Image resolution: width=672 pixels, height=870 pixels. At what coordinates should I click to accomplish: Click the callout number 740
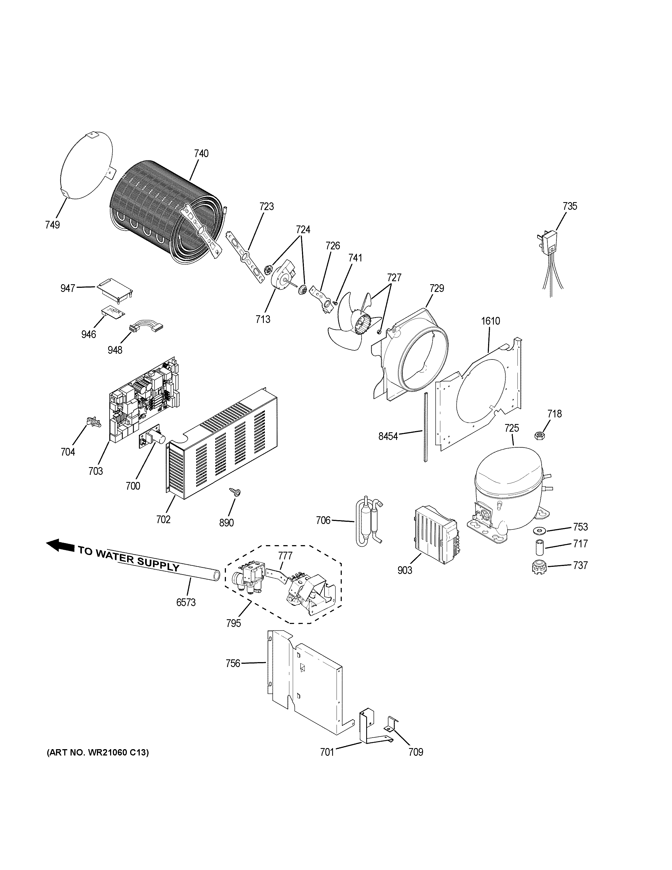pyautogui.click(x=201, y=153)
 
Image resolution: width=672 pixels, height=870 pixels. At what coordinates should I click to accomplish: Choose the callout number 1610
pyautogui.click(x=491, y=321)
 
